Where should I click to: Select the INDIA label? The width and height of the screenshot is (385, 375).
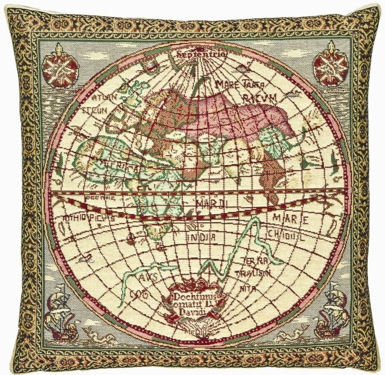pyautogui.click(x=202, y=237)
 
